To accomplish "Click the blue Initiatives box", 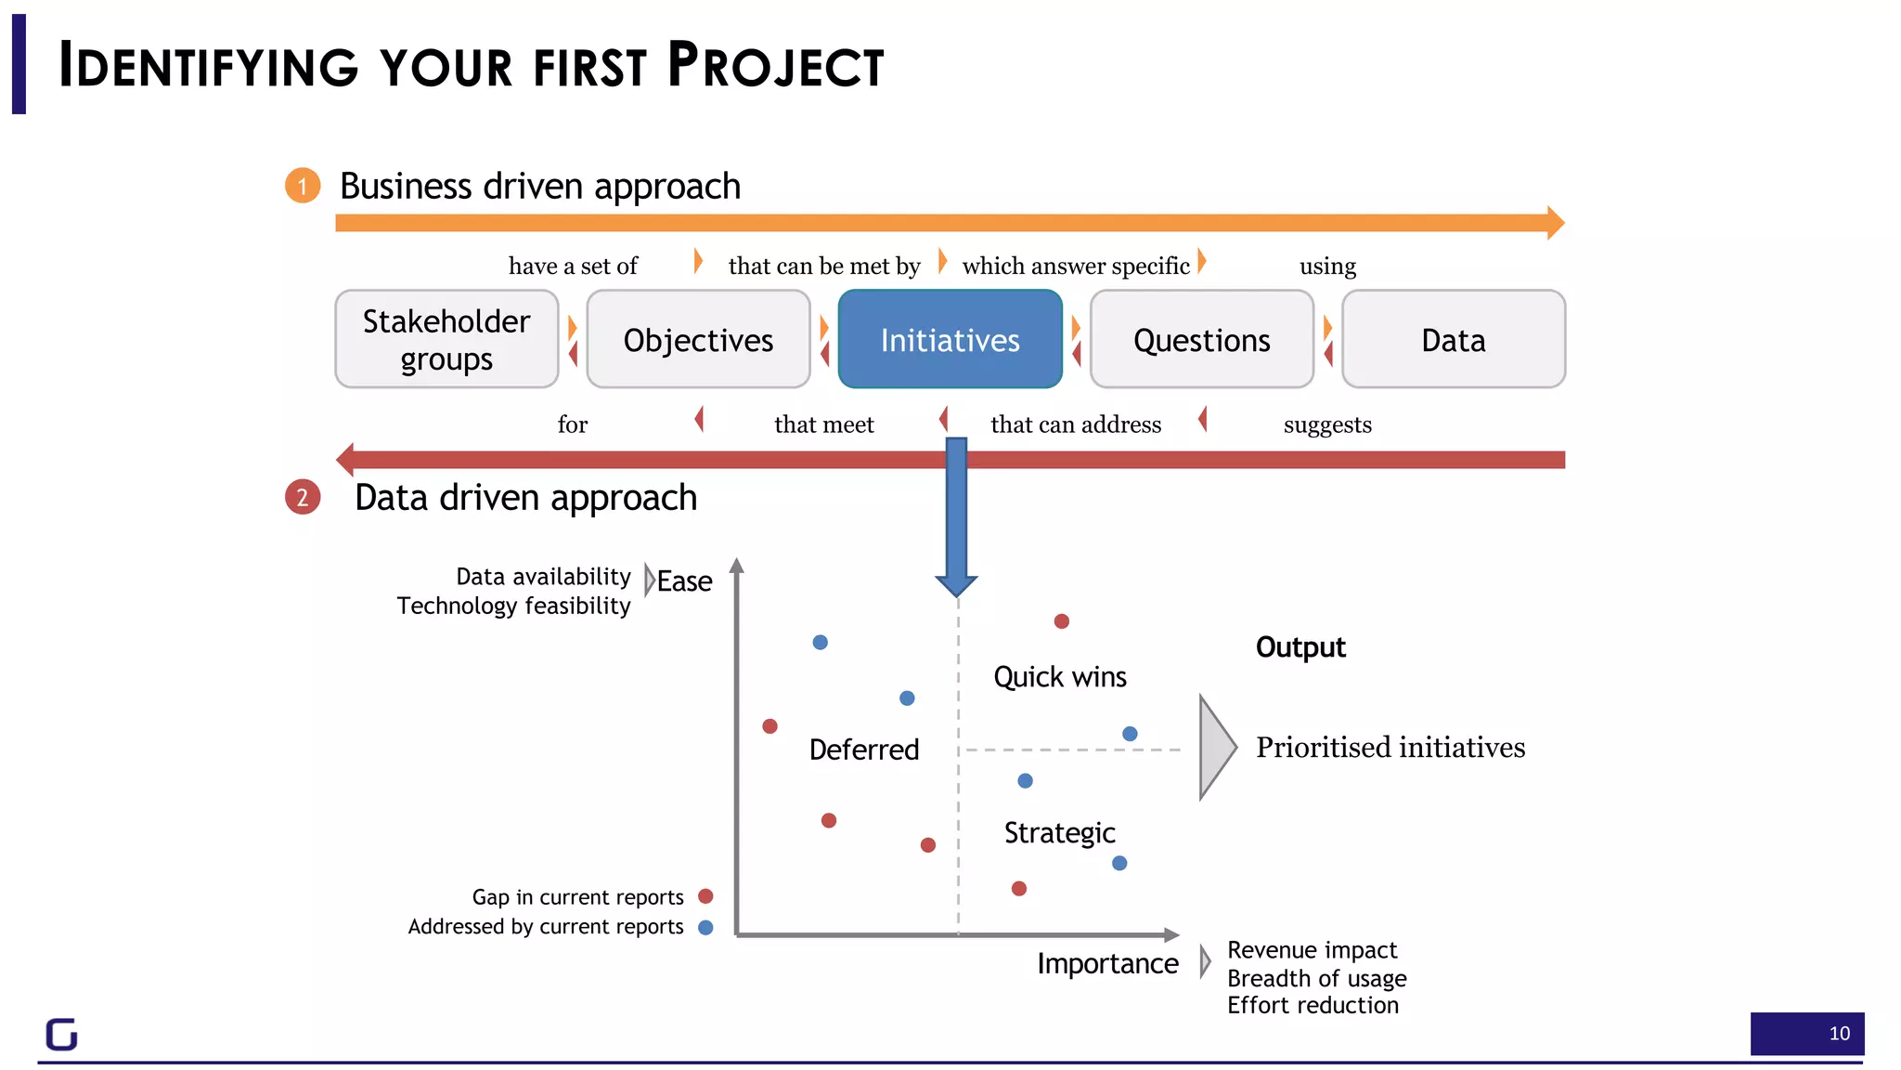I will pyautogui.click(x=950, y=339).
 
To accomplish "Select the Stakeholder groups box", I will pyautogui.click(x=446, y=339).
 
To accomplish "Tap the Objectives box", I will pyautogui.click(x=698, y=340).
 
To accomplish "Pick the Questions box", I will pyautogui.click(x=1201, y=340).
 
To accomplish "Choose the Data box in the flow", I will pyautogui.click(x=1453, y=340).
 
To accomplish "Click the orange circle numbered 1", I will pyautogui.click(x=303, y=186).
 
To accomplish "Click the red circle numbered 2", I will pyautogui.click(x=303, y=498).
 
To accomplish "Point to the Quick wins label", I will pyautogui.click(x=1059, y=677).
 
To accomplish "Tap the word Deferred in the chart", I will pyautogui.click(x=863, y=750).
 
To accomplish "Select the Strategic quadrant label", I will pyautogui.click(x=1059, y=833).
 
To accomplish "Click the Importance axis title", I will pyautogui.click(x=1107, y=964).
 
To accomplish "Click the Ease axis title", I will pyautogui.click(x=684, y=581).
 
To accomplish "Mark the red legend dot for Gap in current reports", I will pyautogui.click(x=705, y=896).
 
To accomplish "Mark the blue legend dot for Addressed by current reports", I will pyautogui.click(x=705, y=927).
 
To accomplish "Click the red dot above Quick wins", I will pyautogui.click(x=1062, y=621).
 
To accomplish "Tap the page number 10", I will pyautogui.click(x=1839, y=1034).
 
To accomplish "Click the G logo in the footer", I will pyautogui.click(x=62, y=1035).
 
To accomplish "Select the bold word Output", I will pyautogui.click(x=1300, y=647).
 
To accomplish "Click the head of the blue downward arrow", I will pyautogui.click(x=956, y=584).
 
